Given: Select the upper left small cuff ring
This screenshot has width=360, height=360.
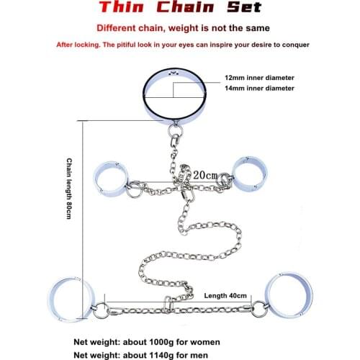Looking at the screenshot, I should pos(112,174).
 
